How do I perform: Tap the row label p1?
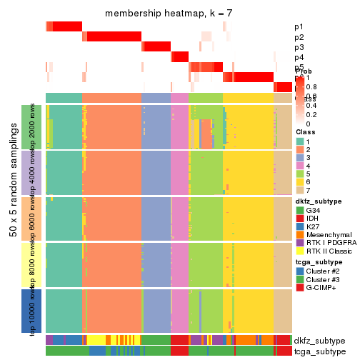coord(299,26)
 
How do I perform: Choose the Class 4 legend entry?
coord(301,172)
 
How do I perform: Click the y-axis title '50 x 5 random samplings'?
coord(11,218)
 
